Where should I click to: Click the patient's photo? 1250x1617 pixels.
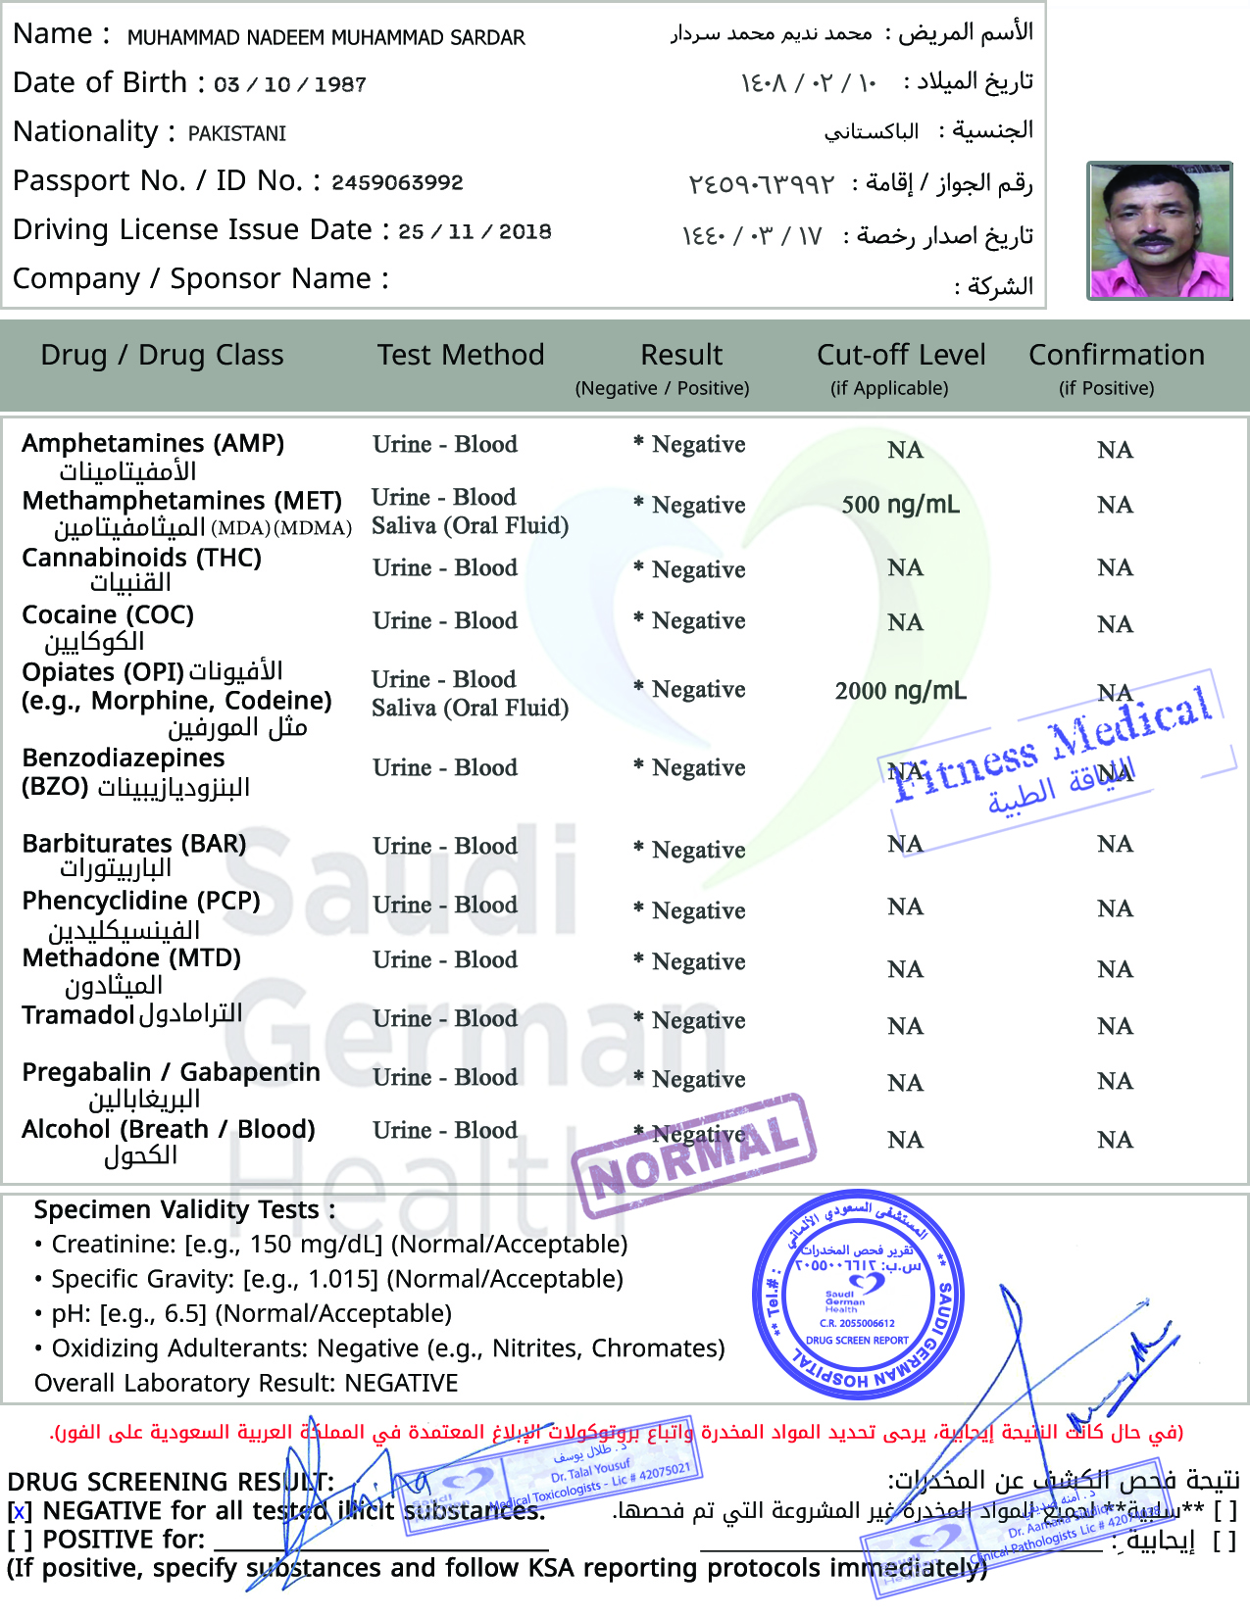[x=1159, y=230]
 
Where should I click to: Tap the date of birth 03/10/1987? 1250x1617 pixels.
[x=290, y=84]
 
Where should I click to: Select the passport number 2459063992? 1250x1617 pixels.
[x=397, y=182]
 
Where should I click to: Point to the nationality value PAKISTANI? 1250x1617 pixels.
[x=237, y=133]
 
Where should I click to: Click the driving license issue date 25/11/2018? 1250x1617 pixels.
[x=475, y=231]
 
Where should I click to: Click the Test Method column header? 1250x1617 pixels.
[x=461, y=355]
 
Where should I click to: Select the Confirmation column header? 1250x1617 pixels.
[x=1116, y=355]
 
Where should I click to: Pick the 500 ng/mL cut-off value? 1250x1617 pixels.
[x=900, y=505]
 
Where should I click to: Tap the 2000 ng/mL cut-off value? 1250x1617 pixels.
[x=900, y=691]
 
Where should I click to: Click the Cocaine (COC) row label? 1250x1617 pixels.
[x=108, y=615]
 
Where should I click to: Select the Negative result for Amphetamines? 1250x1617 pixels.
[x=698, y=445]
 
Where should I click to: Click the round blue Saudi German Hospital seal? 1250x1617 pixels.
[x=857, y=1294]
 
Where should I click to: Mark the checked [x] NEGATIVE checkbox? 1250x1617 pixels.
[x=19, y=1512]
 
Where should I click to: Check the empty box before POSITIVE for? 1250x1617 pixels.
[x=19, y=1541]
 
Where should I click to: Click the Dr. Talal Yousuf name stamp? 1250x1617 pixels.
[x=598, y=1474]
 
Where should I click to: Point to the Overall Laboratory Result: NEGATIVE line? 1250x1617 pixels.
[x=246, y=1383]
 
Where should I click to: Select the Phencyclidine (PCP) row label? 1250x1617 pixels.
[x=141, y=902]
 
